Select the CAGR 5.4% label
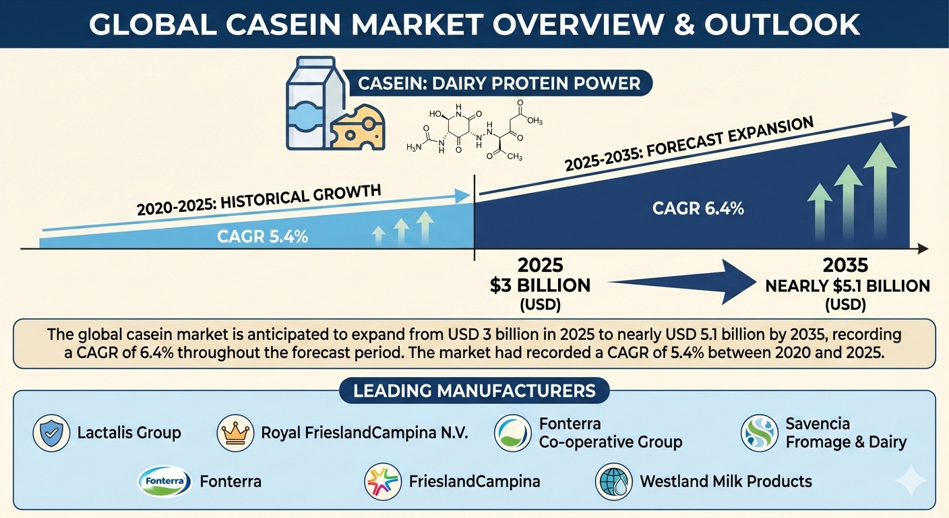(x=262, y=237)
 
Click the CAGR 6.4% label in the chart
(x=698, y=208)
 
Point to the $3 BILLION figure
(x=540, y=286)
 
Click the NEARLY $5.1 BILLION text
(x=847, y=286)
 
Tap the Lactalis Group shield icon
(x=51, y=433)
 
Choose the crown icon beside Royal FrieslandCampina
(x=235, y=433)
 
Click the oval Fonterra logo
(x=164, y=482)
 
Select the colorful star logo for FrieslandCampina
(x=383, y=482)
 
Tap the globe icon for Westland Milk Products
(x=613, y=482)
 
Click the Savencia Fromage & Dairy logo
(x=760, y=433)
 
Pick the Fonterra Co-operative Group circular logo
(x=513, y=433)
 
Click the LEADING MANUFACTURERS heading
(x=474, y=391)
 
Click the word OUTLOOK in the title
(x=782, y=24)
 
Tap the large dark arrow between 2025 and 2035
(x=682, y=282)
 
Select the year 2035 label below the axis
(x=846, y=265)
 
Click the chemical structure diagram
(x=474, y=131)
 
